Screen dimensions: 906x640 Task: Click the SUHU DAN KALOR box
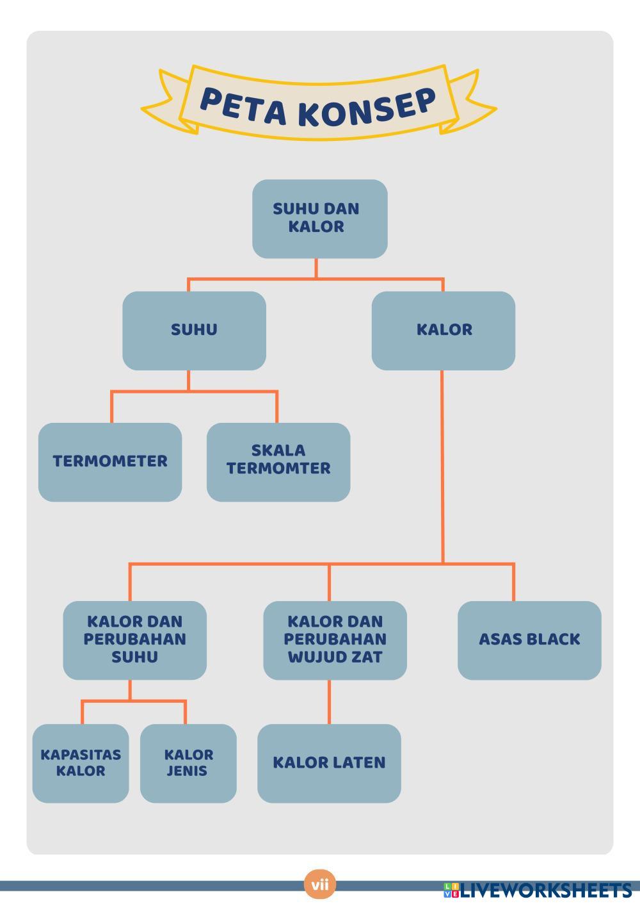[319, 218]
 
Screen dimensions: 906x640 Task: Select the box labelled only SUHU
[194, 331]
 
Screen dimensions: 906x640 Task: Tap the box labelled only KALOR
[443, 331]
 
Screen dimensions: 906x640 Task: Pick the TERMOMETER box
[110, 462]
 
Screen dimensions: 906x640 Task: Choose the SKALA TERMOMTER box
[278, 462]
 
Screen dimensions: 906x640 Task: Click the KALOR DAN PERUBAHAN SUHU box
[134, 640]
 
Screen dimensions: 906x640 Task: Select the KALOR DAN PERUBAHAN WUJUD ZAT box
[335, 640]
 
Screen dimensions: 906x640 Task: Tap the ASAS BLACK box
[529, 640]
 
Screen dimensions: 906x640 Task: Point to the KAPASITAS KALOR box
[81, 763]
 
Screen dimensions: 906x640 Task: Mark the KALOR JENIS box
[188, 763]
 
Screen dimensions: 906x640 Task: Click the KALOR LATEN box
[329, 763]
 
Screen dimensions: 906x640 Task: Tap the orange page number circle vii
[319, 885]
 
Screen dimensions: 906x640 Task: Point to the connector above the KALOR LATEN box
[330, 702]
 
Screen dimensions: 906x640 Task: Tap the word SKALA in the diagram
[278, 450]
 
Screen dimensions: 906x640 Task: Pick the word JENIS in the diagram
[187, 771]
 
